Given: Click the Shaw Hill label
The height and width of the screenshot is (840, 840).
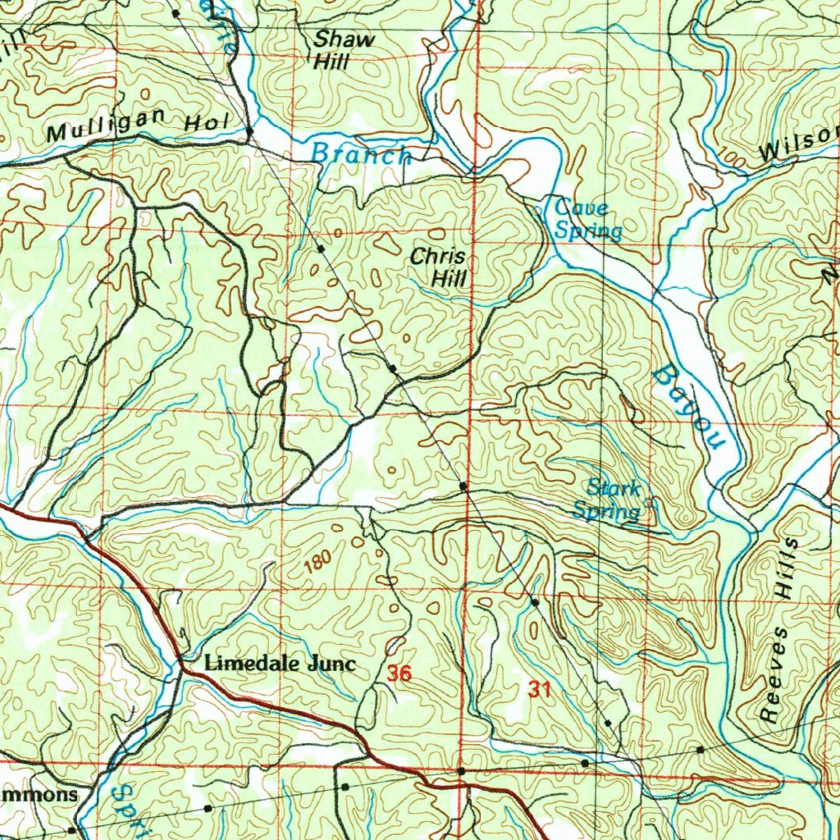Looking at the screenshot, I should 345,49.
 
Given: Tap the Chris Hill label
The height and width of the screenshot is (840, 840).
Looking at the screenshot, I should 439,267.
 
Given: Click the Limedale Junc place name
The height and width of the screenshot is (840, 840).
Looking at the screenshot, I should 280,664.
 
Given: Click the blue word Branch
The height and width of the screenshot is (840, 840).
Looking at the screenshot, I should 360,153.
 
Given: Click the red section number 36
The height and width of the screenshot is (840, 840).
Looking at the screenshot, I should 399,674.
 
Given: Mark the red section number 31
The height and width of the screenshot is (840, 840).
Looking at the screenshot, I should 539,690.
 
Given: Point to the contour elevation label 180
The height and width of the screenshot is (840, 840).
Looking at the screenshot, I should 317,562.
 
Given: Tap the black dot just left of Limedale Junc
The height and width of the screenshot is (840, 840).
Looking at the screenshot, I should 180,660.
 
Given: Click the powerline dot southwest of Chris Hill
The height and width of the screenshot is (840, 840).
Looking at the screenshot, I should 393,369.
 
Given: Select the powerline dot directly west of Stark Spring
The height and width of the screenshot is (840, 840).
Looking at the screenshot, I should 463,487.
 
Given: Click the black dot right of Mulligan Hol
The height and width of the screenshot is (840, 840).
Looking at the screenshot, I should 249,130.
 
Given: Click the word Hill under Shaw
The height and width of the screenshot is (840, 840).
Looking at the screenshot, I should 332,62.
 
